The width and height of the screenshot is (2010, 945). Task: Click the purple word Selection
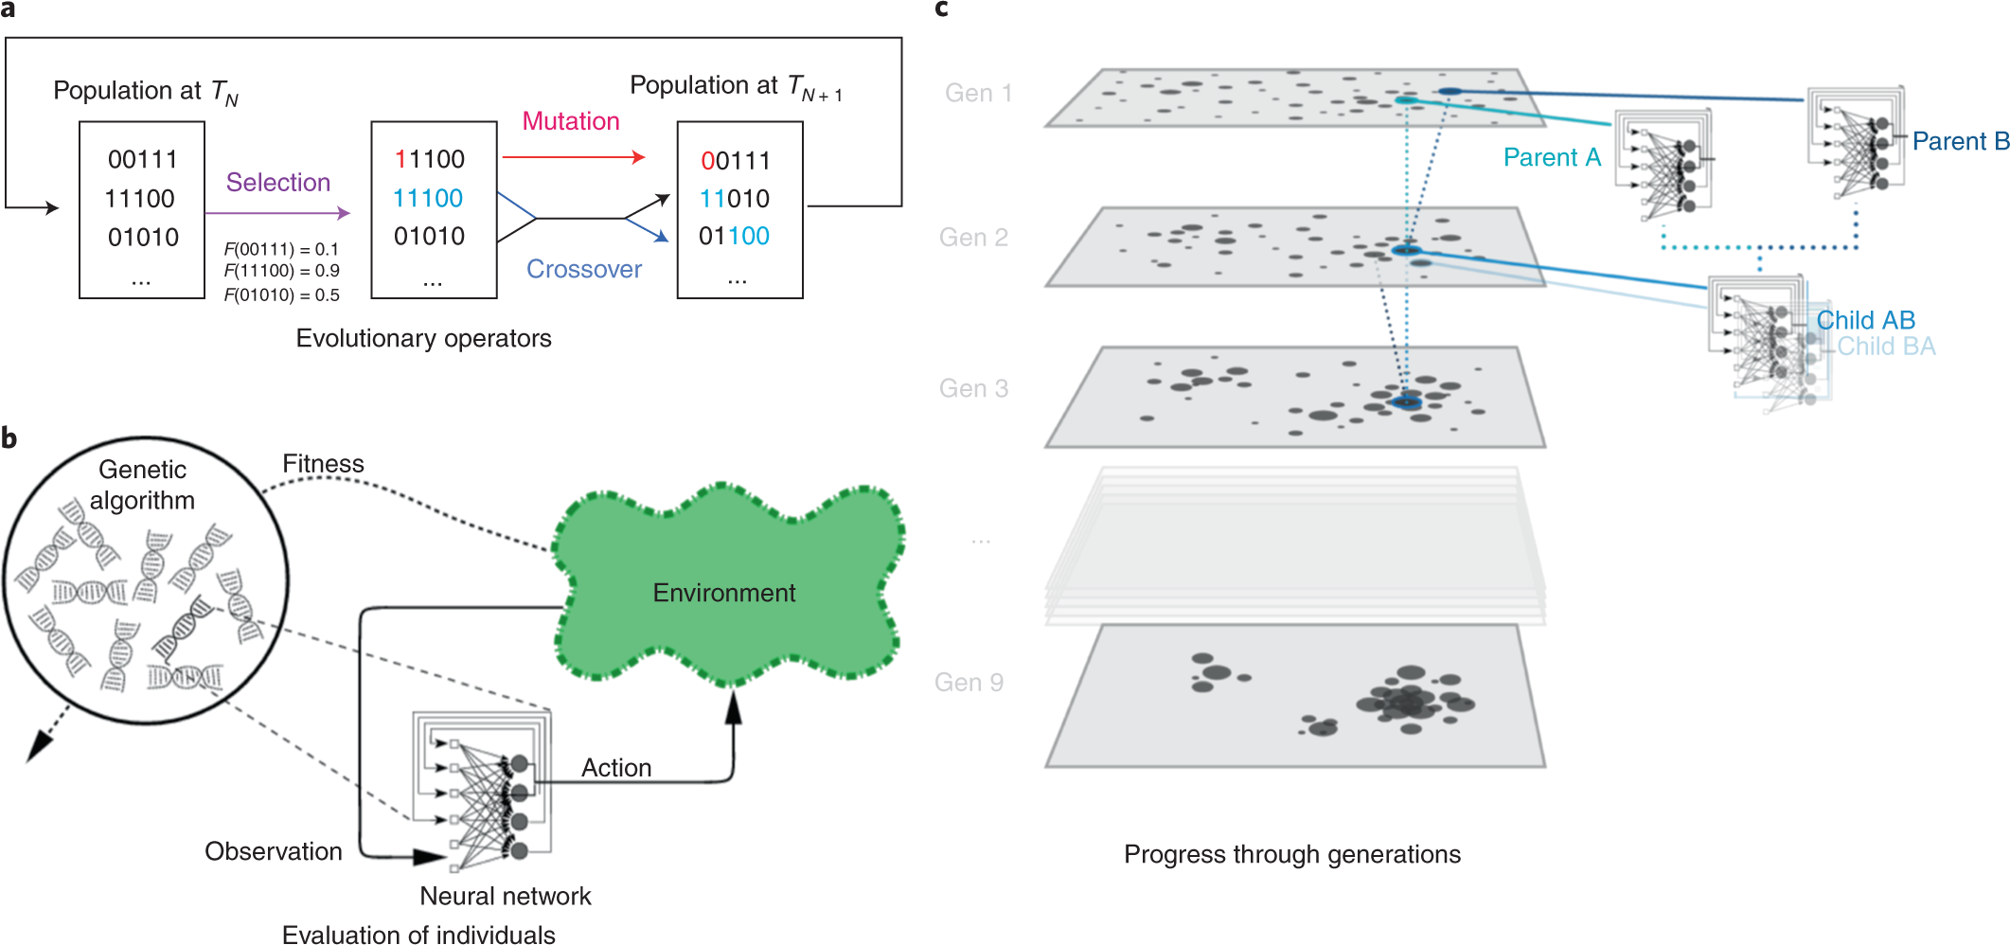point(277,182)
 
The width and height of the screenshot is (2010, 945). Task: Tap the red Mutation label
point(571,121)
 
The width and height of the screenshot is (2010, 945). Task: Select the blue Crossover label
point(584,270)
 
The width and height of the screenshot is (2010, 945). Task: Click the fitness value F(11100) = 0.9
point(281,271)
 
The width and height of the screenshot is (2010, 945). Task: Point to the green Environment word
point(724,593)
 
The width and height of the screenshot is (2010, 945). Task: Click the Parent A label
point(1552,157)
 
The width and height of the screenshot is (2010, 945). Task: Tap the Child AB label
point(1865,320)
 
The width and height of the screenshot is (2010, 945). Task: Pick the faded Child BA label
point(1886,347)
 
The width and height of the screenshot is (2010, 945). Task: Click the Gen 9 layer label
point(969,683)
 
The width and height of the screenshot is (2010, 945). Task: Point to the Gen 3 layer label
point(973,388)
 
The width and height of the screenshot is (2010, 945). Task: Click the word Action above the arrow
point(616,768)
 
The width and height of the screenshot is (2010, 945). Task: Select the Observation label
point(274,851)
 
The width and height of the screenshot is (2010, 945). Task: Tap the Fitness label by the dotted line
point(323,464)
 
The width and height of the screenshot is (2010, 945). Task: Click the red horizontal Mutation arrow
point(573,157)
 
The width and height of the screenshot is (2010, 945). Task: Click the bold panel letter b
point(9,438)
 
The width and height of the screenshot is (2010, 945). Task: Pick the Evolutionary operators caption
point(423,338)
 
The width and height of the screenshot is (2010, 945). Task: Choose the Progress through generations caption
point(1291,854)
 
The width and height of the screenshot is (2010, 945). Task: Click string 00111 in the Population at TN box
point(142,159)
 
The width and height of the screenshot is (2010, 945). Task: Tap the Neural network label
point(505,896)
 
